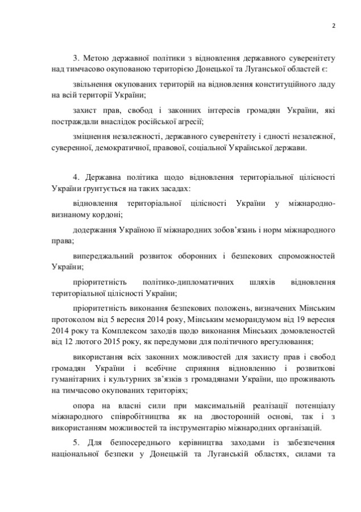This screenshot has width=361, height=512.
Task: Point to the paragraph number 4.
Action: [x=76, y=179]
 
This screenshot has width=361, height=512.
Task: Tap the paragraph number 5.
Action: [x=76, y=442]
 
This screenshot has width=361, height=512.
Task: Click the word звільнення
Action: [x=92, y=84]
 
